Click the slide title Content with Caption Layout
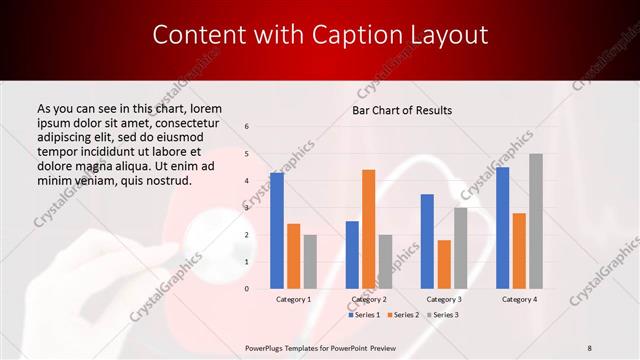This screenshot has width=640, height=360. coord(320,35)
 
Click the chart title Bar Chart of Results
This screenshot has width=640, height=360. coord(402,109)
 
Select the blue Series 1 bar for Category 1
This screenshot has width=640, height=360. coord(277,230)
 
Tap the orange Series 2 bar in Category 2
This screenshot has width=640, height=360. coord(368,229)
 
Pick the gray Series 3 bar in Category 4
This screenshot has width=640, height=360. coord(536,221)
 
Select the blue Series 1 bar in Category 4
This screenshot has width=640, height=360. coord(502,227)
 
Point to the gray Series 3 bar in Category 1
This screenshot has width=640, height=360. coord(310,261)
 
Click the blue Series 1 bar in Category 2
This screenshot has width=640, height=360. coord(352,254)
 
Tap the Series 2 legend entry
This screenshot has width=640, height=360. coord(402,315)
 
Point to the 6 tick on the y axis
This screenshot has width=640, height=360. coord(247,127)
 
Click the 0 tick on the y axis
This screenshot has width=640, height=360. coord(247,289)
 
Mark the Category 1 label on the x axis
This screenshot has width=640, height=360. coord(293,299)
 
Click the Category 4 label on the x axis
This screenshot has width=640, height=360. coord(519,299)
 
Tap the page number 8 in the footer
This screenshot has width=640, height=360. coord(590,347)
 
